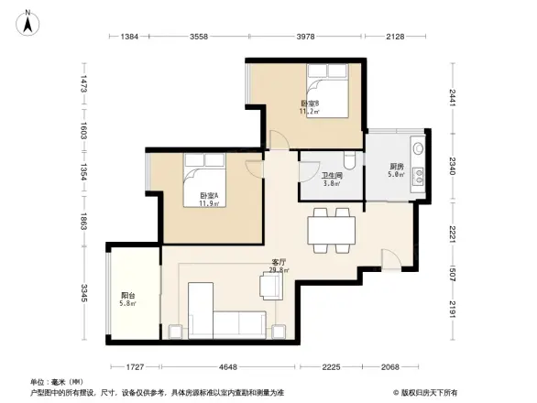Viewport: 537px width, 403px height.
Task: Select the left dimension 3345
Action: coord(83,295)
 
